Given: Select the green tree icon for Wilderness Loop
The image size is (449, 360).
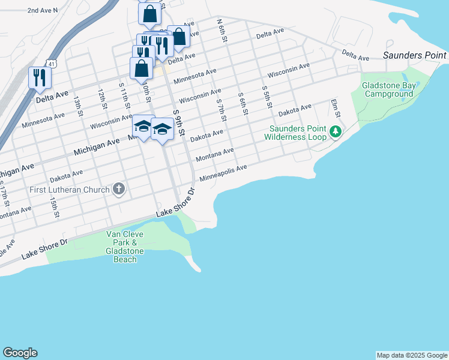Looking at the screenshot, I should click(336, 131).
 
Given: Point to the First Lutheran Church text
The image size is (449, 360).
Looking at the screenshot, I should click(70, 190).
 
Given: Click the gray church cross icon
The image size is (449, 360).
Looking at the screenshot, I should click(119, 190).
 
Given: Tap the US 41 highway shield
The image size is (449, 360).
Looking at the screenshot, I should click(52, 62).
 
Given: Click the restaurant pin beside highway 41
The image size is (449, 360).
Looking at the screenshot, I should click(40, 78).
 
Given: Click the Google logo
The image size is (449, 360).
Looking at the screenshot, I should click(20, 353).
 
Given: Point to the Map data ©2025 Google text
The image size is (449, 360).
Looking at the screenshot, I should click(411, 355).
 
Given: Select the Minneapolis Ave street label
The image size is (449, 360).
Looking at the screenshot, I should click(223, 174).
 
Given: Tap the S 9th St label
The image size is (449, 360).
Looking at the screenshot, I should click(178, 123).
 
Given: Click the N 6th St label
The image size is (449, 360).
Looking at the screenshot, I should click(223, 30).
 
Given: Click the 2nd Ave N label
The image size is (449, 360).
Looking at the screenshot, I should click(43, 10).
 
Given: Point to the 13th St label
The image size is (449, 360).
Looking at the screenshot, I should click(78, 104).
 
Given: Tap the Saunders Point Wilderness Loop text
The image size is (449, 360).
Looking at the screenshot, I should click(298, 133).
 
